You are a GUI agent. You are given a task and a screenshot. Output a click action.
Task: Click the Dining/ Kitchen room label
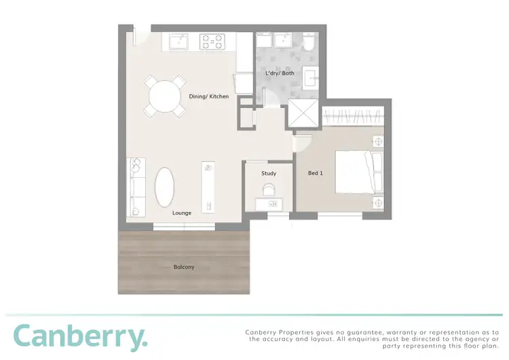pos(208,96)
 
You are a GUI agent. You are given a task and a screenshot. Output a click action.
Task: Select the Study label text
pos(269,173)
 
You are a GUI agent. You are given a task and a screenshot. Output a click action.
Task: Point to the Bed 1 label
pos(316,173)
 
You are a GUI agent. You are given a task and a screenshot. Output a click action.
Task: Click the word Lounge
pos(181,213)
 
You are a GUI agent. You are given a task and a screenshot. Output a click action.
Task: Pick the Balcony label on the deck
pos(184,267)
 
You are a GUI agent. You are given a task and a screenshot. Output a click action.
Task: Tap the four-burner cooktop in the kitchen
pos(212,41)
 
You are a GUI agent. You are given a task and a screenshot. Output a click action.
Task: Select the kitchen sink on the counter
pos(179,41)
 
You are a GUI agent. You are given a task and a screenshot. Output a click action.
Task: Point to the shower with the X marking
pos(303,113)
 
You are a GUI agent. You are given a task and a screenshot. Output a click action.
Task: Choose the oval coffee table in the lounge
pos(166,187)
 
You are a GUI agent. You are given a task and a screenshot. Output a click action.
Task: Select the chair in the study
pos(269,188)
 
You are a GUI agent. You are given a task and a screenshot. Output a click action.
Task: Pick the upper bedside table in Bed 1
pos(377,142)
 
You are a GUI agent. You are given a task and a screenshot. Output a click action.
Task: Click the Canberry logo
pos(79,337)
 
